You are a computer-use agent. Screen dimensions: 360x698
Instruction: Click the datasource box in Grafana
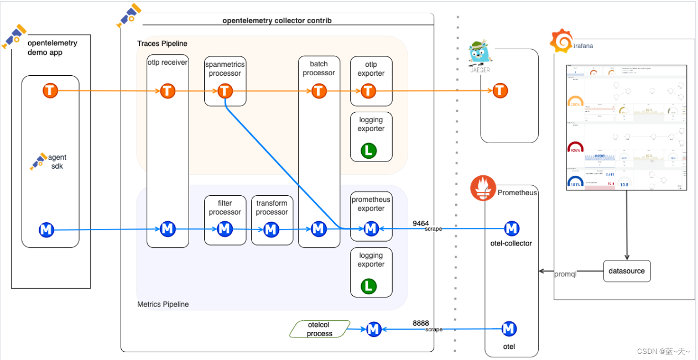627,271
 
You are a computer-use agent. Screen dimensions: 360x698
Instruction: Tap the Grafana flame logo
560,41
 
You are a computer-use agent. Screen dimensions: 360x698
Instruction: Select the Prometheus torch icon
483,187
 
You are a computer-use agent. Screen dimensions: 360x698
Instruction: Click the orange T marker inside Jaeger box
500,90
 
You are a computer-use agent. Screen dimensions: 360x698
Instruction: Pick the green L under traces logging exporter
368,150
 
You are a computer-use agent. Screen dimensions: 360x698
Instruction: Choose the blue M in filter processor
224,229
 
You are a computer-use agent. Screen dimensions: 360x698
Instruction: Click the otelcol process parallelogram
320,329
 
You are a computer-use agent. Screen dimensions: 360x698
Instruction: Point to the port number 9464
420,223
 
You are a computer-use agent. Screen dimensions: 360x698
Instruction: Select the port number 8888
420,324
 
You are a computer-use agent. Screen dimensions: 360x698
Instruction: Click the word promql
565,274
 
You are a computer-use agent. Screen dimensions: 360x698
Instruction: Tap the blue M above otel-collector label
512,228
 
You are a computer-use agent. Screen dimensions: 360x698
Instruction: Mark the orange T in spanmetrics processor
224,91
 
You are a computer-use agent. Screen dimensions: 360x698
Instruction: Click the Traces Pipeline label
162,43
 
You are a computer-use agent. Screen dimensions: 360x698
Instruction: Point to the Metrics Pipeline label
163,304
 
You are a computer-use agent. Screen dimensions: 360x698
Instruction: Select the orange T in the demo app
50,90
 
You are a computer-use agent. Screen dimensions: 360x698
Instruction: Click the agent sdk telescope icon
38,161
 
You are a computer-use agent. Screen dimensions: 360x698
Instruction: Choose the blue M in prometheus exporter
371,228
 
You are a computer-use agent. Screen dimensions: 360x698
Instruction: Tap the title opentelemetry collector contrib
277,20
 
